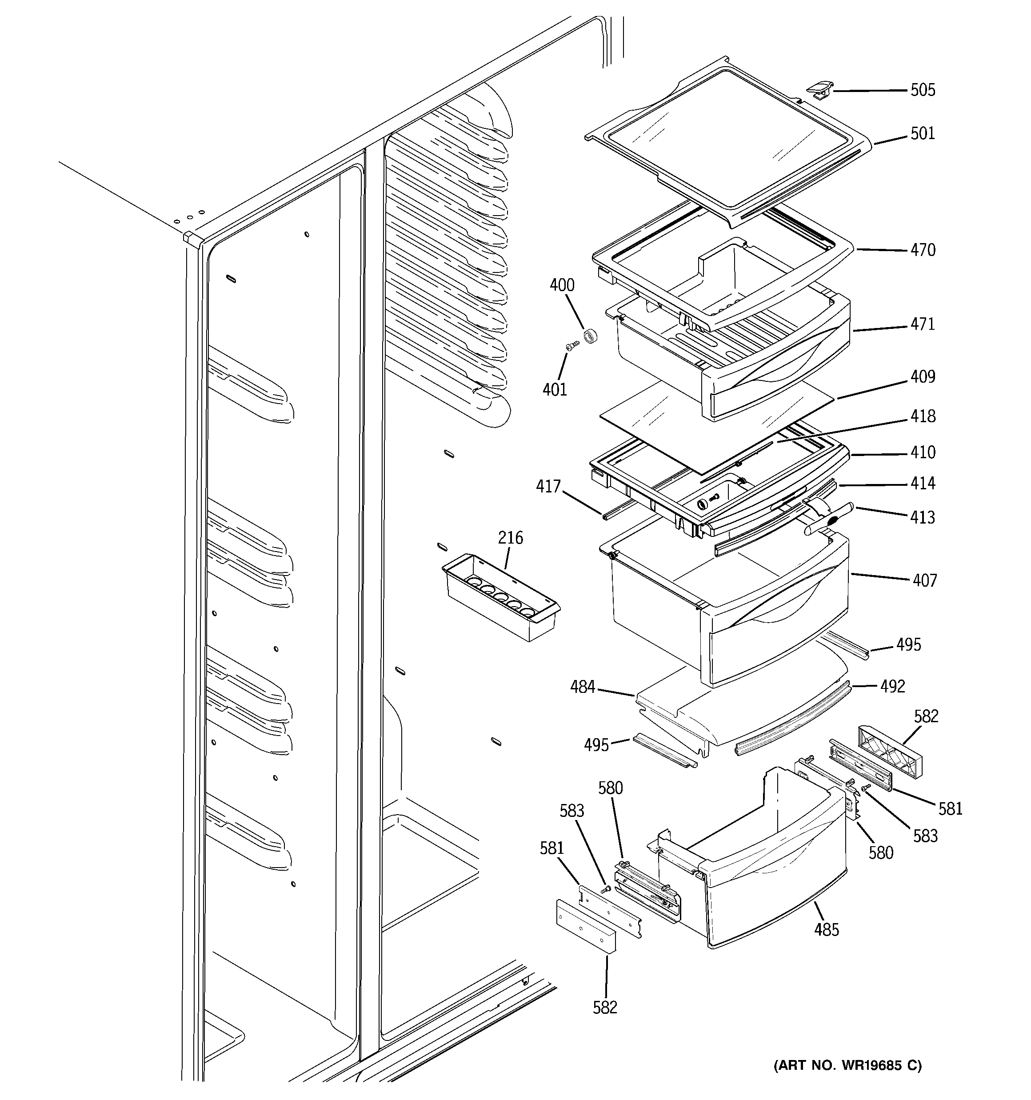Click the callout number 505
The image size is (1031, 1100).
(x=923, y=90)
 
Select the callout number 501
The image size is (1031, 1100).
(x=923, y=133)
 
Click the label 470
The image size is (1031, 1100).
(x=923, y=250)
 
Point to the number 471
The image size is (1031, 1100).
(x=923, y=324)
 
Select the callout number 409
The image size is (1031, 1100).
(x=923, y=377)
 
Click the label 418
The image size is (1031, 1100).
(x=923, y=416)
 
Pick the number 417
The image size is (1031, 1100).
(x=548, y=486)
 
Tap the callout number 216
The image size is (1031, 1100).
(x=510, y=537)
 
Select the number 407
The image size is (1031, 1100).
(x=924, y=580)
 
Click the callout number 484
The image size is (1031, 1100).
(x=582, y=687)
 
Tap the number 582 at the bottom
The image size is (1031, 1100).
(x=605, y=1007)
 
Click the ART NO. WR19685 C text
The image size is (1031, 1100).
(x=847, y=1065)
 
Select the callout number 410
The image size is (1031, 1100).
(x=923, y=452)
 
